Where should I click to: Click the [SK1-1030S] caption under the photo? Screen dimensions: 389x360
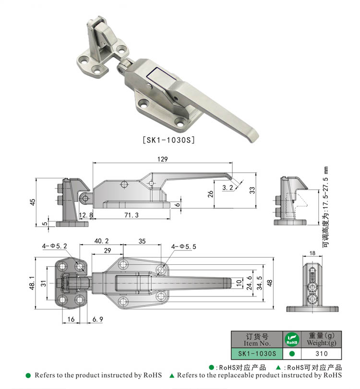coord(168,140)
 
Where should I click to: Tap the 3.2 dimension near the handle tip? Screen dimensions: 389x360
coord(228,188)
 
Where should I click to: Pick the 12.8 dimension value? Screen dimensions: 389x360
coord(86,215)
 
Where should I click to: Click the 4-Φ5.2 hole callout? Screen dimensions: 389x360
coord(55,246)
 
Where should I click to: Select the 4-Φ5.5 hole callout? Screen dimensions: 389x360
coord(184,246)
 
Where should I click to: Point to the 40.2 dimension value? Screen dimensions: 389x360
coord(101,241)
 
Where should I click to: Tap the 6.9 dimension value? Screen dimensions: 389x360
coord(97,318)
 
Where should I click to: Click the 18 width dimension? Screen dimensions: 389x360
coord(312,253)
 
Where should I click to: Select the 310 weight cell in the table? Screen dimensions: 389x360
coord(321,354)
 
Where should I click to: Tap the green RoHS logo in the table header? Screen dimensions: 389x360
coord(291,340)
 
